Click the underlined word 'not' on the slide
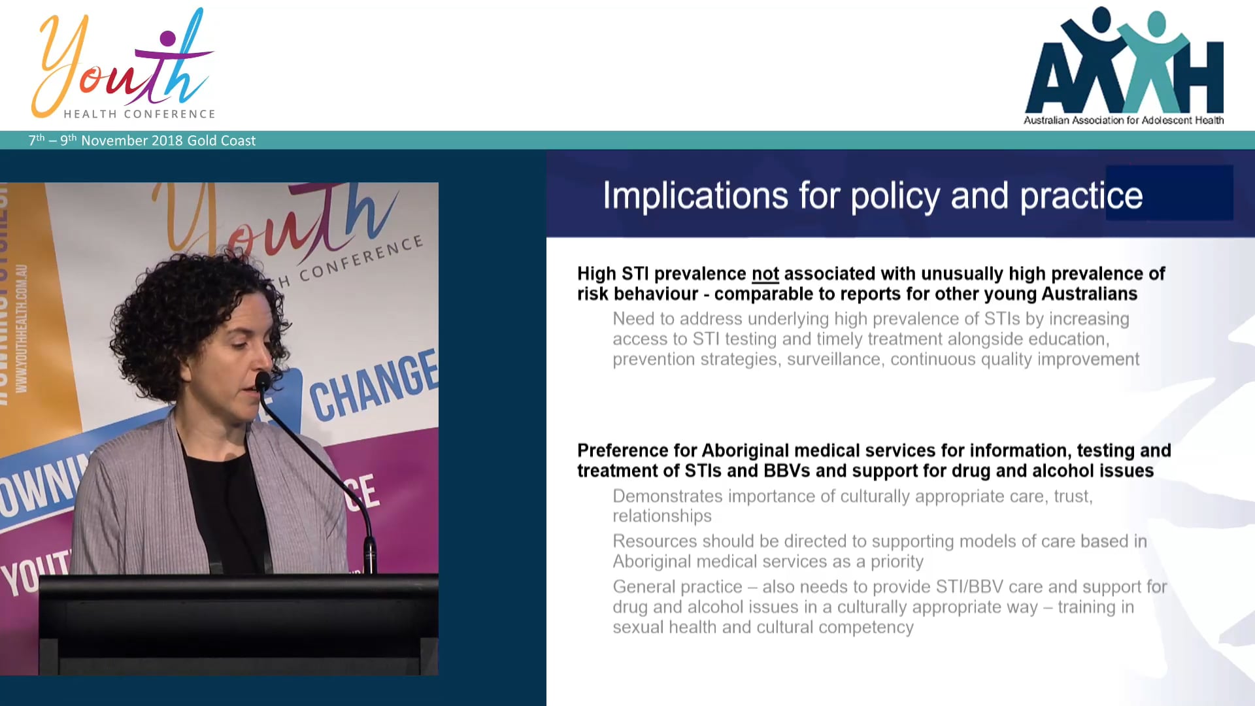tap(765, 274)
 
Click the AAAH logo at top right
tap(1124, 62)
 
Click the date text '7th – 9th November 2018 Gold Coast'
tap(142, 141)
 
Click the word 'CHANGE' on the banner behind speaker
tap(373, 386)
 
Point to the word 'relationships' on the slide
tap(661, 516)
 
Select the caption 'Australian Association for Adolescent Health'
tap(1123, 120)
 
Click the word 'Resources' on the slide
tap(654, 542)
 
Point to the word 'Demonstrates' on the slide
tap(667, 497)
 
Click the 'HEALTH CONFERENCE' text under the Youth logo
tap(139, 114)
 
